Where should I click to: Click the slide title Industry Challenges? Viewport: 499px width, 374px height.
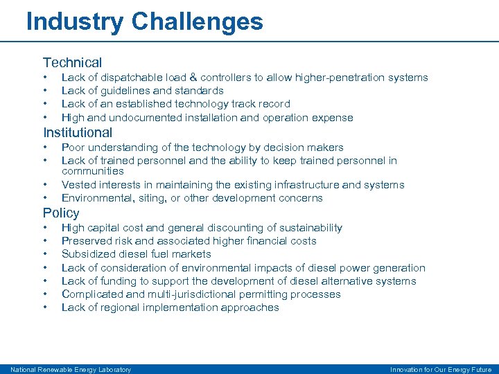(144, 21)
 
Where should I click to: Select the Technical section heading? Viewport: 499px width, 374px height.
(72, 62)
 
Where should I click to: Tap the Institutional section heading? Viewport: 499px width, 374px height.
(78, 132)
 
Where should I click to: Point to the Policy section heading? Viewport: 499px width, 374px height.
(61, 213)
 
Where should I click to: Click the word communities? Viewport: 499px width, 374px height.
(93, 171)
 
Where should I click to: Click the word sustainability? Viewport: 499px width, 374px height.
(307, 228)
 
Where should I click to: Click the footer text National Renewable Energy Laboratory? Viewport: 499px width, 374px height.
(71, 369)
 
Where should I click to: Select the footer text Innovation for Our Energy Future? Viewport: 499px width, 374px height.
(441, 369)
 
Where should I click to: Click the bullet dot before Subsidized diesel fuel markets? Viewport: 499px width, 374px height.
(45, 254)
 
